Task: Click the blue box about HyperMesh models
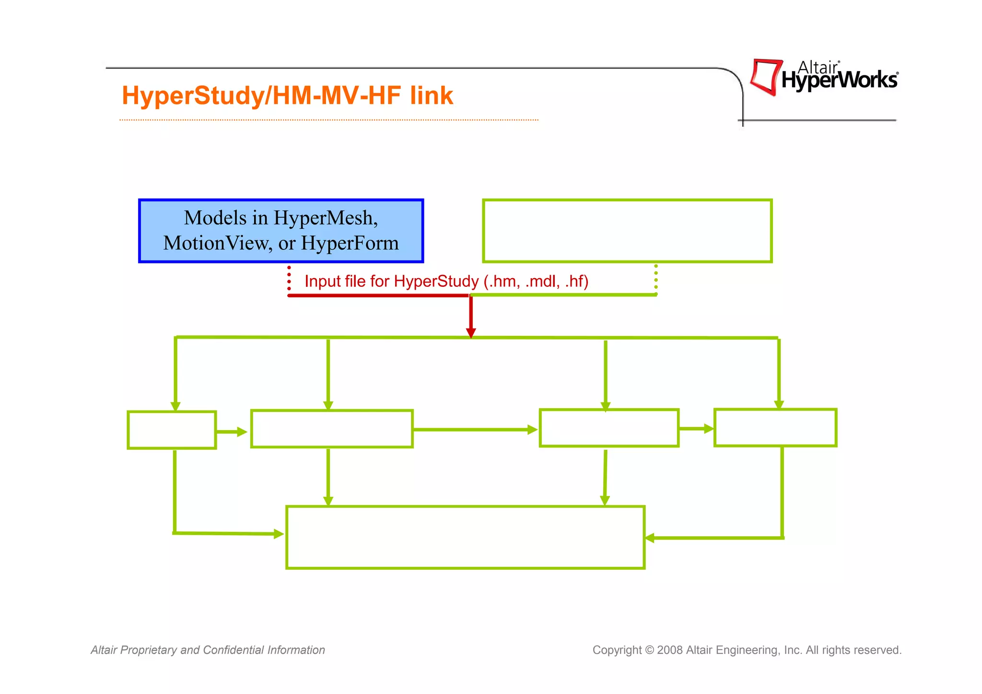coord(281,231)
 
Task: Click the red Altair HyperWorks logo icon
coord(765,77)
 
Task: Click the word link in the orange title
coord(431,95)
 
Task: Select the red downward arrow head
coord(471,332)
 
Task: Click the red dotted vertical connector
coord(289,278)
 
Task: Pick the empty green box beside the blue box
coord(627,231)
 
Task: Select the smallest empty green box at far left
coord(172,430)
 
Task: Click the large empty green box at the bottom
coord(465,537)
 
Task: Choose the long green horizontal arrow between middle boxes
coord(475,430)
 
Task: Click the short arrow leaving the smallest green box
coord(232,432)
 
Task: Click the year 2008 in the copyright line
coord(670,650)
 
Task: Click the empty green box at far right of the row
coord(775,427)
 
